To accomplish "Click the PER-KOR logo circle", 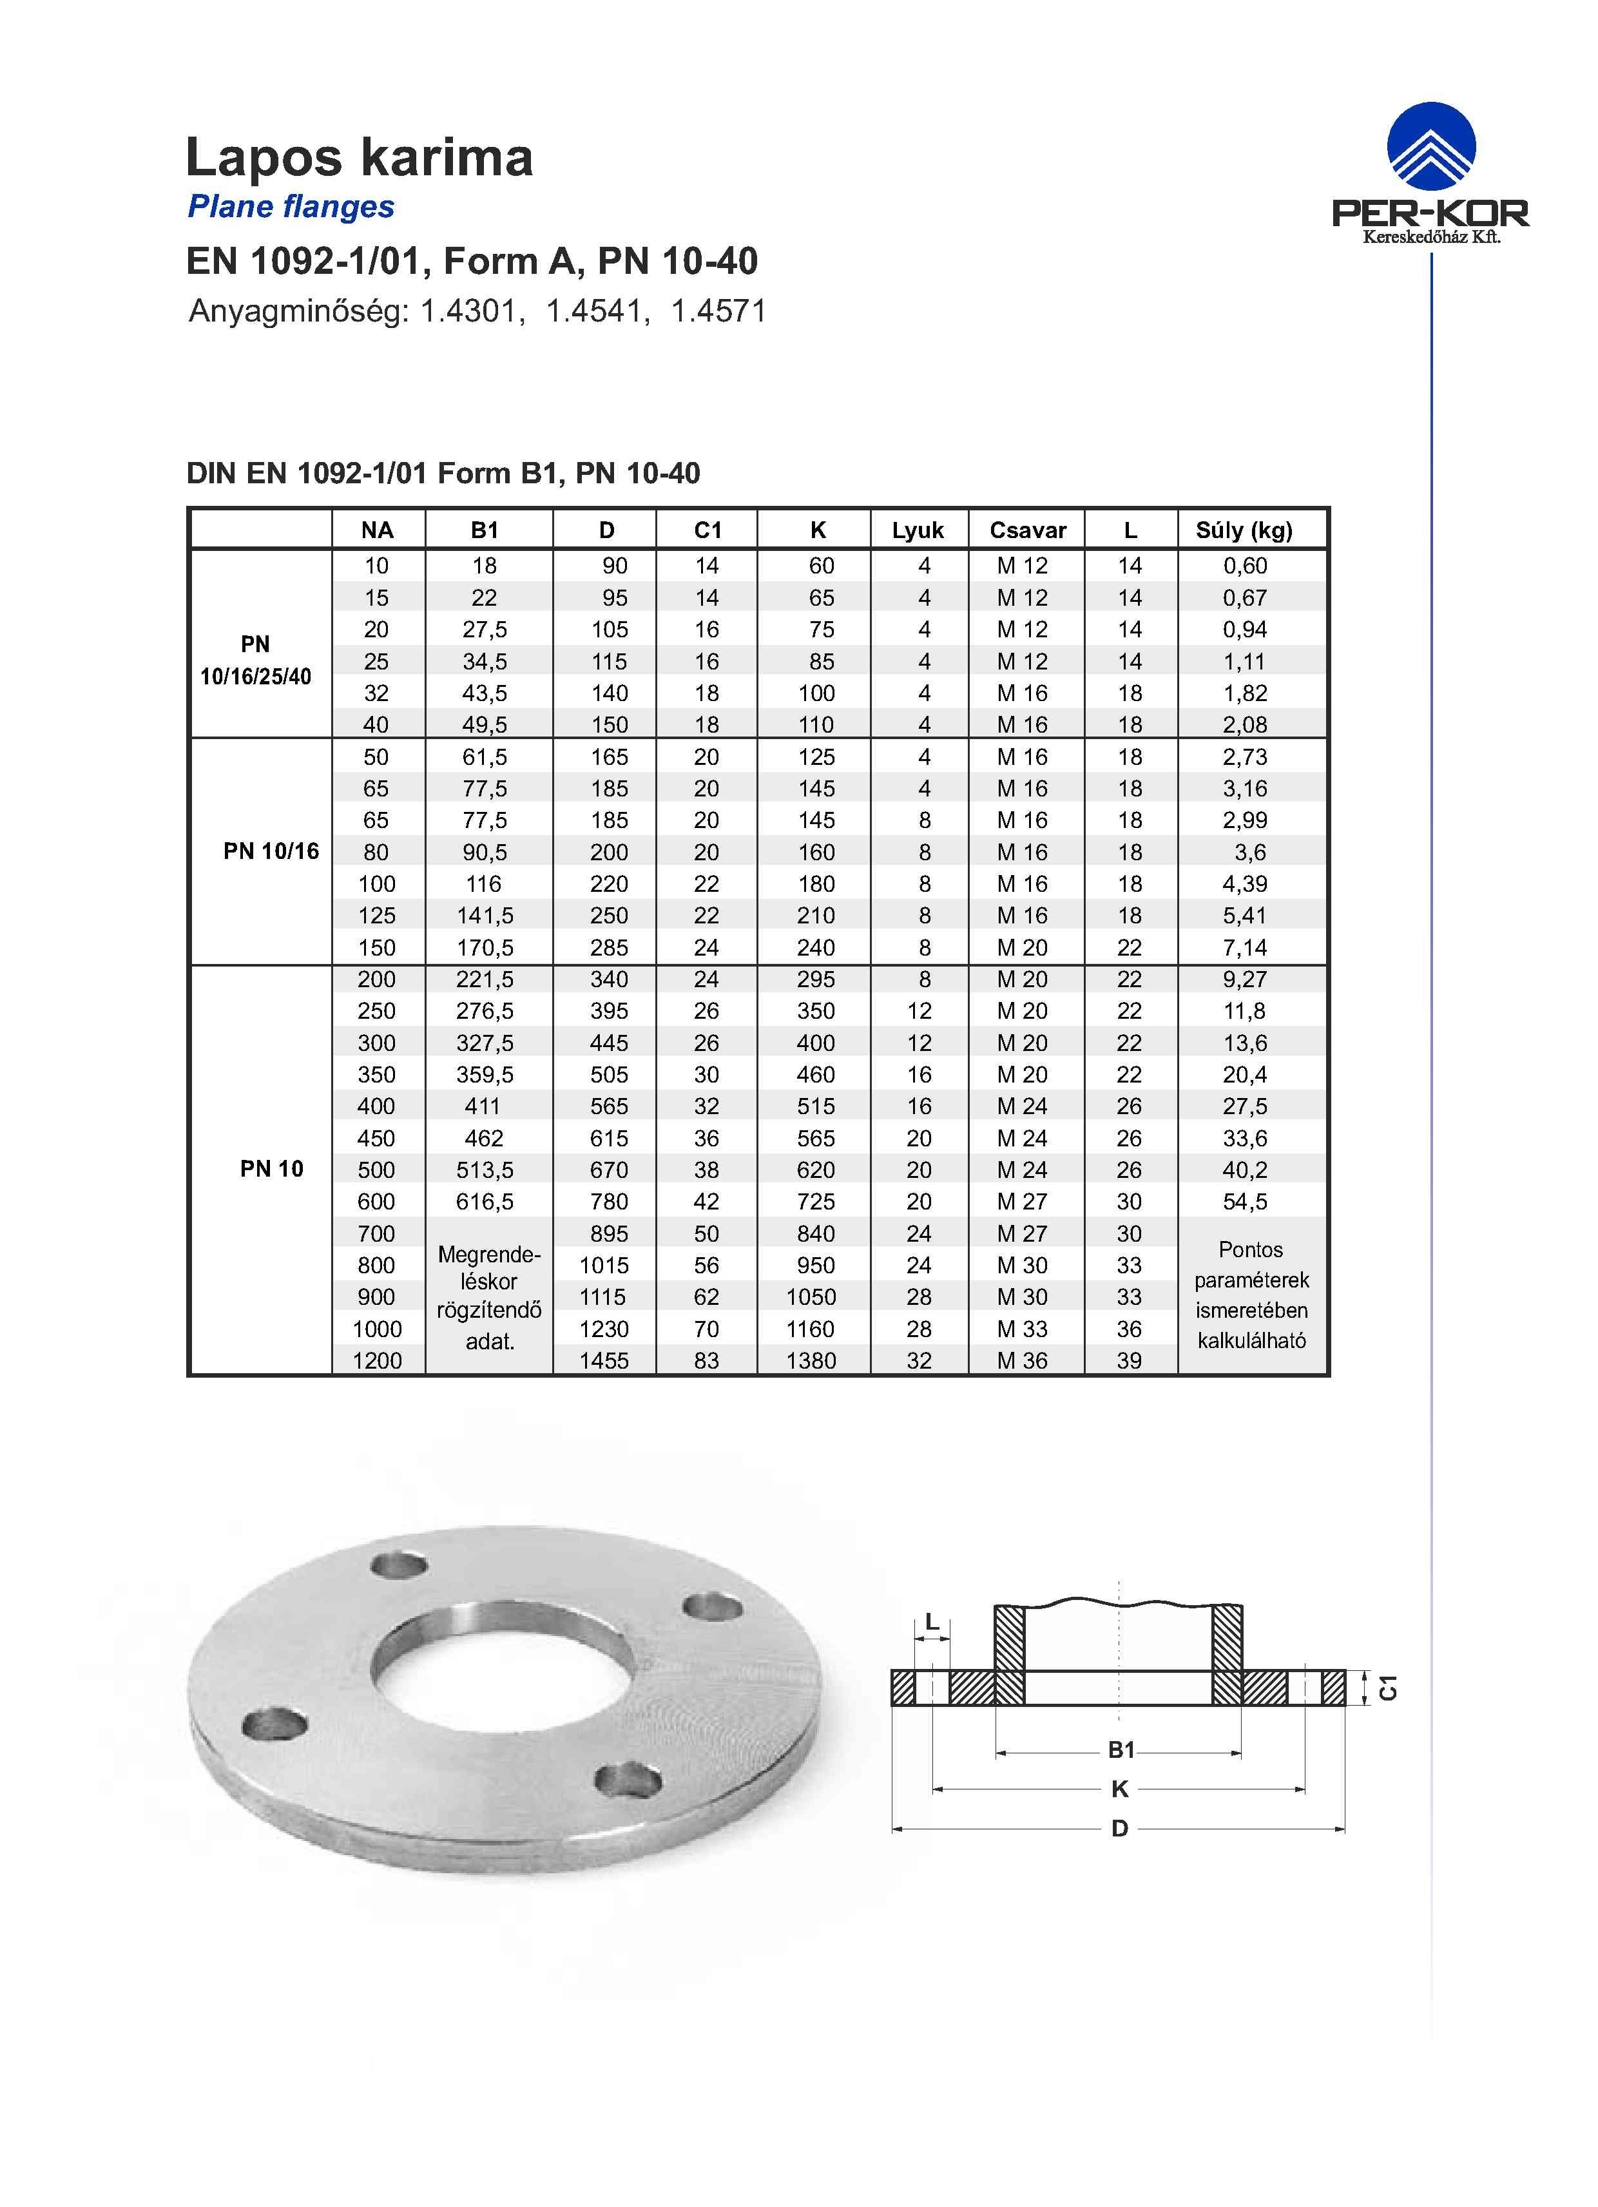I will click(x=1430, y=147).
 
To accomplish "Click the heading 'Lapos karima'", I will click(x=359, y=158).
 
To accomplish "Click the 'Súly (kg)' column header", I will click(x=1244, y=530).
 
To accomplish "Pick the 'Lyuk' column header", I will click(x=918, y=530).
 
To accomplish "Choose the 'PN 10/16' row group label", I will click(x=271, y=851).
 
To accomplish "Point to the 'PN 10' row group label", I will click(x=271, y=1169).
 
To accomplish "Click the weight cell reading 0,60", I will click(x=1245, y=565).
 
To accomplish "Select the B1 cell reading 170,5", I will click(x=485, y=947).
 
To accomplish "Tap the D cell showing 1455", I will click(x=604, y=1360).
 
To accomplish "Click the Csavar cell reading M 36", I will click(x=1022, y=1360).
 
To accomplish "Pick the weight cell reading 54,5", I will click(x=1245, y=1201).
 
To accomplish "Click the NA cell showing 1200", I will click(x=377, y=1360).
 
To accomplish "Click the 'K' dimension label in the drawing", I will click(x=1119, y=1789).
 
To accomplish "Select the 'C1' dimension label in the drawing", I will click(x=1389, y=1688).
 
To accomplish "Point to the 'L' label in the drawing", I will click(x=931, y=1622).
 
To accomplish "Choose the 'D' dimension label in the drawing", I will click(x=1119, y=1829).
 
